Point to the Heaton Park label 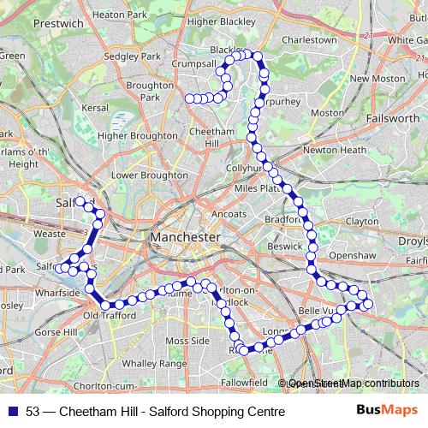[119, 15]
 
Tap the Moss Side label [187, 341]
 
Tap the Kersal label [96, 108]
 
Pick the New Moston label [377, 78]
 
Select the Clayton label [361, 221]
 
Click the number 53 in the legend [33, 412]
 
